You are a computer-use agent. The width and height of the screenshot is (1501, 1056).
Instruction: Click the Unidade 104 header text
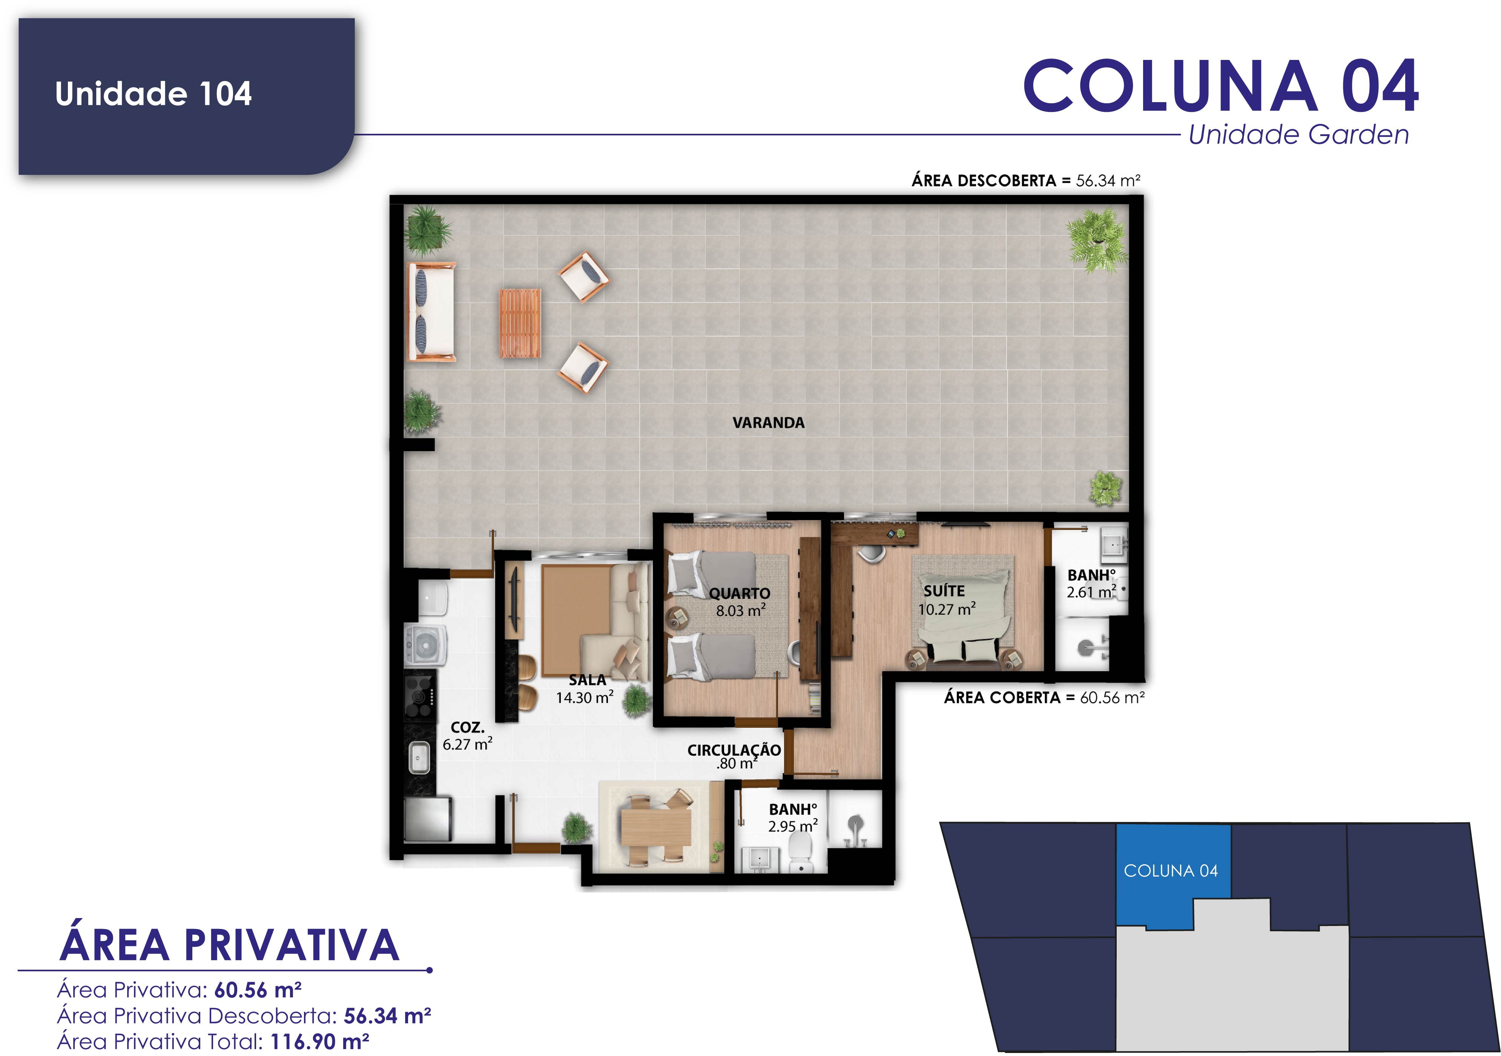click(153, 93)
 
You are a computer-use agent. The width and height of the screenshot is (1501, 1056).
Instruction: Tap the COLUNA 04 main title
click(1220, 86)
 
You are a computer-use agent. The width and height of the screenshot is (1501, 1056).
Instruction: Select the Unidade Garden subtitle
click(1299, 135)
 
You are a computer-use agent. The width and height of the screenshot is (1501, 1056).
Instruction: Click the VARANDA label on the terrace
click(768, 423)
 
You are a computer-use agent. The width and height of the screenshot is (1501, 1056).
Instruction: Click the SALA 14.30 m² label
click(585, 689)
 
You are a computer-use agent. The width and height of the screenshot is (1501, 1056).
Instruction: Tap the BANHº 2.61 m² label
click(1091, 583)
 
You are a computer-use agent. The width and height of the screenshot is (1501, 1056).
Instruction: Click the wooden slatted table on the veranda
click(520, 323)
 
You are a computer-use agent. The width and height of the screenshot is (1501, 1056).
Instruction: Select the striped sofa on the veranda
click(431, 312)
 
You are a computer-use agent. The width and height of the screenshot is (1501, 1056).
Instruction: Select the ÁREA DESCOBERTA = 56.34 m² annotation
click(1026, 181)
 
